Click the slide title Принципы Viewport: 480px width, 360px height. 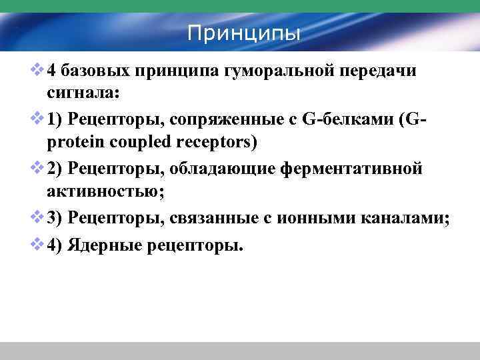click(x=243, y=32)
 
